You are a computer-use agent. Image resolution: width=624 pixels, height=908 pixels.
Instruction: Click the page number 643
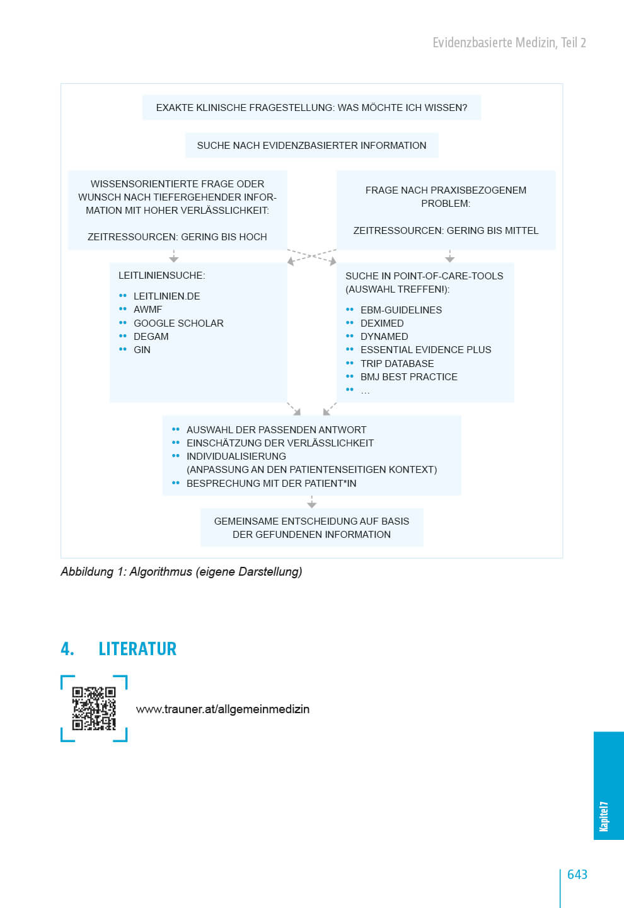pyautogui.click(x=577, y=875)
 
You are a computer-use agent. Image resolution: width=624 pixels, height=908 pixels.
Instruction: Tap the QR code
pyautogui.click(x=94, y=709)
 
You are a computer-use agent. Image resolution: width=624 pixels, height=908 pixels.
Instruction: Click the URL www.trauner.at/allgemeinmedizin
pyautogui.click(x=222, y=709)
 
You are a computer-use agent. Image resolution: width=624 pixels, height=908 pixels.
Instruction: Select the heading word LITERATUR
pyautogui.click(x=137, y=649)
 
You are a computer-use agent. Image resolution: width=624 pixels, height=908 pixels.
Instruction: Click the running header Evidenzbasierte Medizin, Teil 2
pyautogui.click(x=509, y=42)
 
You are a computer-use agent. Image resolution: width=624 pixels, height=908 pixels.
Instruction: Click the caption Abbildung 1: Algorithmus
pyautogui.click(x=182, y=572)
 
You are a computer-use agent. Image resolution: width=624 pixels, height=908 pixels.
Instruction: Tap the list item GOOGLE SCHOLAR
pyautogui.click(x=178, y=323)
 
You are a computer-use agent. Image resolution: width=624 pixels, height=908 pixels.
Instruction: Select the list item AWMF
pyautogui.click(x=147, y=310)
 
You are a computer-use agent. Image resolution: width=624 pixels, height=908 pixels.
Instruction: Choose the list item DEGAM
pyautogui.click(x=151, y=337)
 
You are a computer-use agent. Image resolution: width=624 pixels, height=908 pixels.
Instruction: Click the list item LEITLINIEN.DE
pyautogui.click(x=166, y=296)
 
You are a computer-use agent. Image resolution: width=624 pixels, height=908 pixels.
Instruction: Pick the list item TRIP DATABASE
pyautogui.click(x=397, y=364)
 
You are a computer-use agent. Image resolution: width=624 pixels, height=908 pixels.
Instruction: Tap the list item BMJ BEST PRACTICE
pyautogui.click(x=408, y=377)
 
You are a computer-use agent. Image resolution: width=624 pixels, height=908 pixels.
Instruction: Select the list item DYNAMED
pyautogui.click(x=384, y=337)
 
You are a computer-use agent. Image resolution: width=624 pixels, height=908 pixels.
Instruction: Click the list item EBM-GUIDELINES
pyautogui.click(x=401, y=310)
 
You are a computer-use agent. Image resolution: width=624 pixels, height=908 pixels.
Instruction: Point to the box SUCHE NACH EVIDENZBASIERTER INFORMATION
pyautogui.click(x=311, y=146)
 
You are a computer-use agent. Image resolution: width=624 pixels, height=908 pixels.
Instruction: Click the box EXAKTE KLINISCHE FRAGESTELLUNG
pyautogui.click(x=311, y=108)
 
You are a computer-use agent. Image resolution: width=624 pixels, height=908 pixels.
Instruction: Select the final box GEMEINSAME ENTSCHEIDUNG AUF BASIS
pyautogui.click(x=311, y=528)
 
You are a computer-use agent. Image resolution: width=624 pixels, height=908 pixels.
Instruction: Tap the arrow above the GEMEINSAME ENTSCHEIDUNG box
pyautogui.click(x=311, y=503)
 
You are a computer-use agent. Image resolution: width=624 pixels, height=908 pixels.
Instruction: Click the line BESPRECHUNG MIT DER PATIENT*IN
pyautogui.click(x=271, y=484)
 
